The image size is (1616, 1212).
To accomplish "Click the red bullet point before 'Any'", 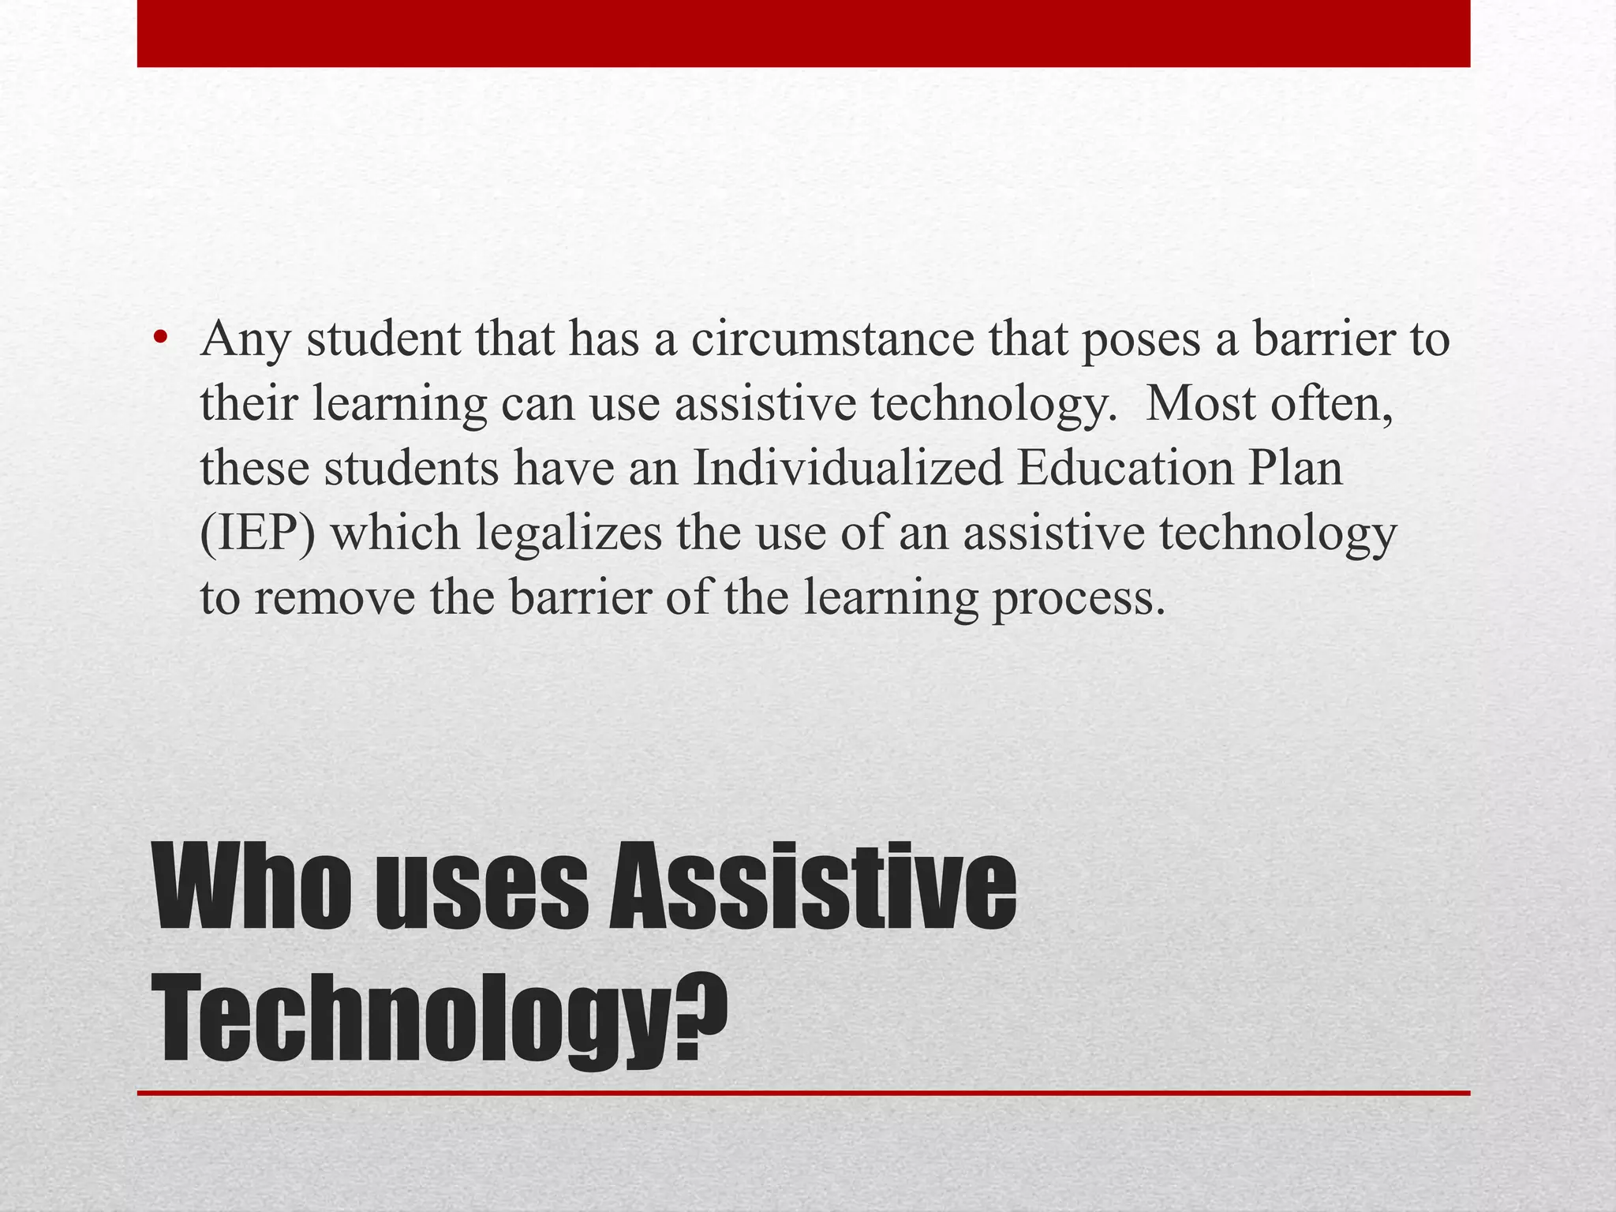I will [161, 339].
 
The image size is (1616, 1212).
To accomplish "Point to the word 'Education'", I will [1124, 468].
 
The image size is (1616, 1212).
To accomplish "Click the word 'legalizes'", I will [568, 533].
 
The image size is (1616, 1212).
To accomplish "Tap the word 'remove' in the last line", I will [334, 597].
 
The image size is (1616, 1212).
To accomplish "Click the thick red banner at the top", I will [803, 33].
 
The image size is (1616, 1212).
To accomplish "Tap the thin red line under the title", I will [803, 1093].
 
